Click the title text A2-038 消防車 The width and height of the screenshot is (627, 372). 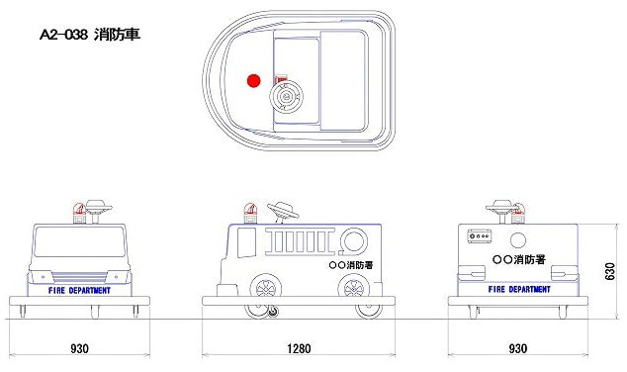click(90, 35)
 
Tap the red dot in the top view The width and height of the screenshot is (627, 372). click(253, 81)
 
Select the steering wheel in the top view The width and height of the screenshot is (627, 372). click(286, 96)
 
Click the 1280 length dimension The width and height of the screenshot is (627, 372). click(299, 348)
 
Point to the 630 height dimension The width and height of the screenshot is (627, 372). click(610, 272)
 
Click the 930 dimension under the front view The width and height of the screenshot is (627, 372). click(79, 348)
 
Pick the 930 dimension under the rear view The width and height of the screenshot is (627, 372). click(518, 348)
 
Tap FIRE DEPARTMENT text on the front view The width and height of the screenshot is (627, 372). click(79, 291)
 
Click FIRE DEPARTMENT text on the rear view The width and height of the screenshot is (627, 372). click(519, 289)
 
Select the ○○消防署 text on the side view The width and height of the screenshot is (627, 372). click(351, 265)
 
